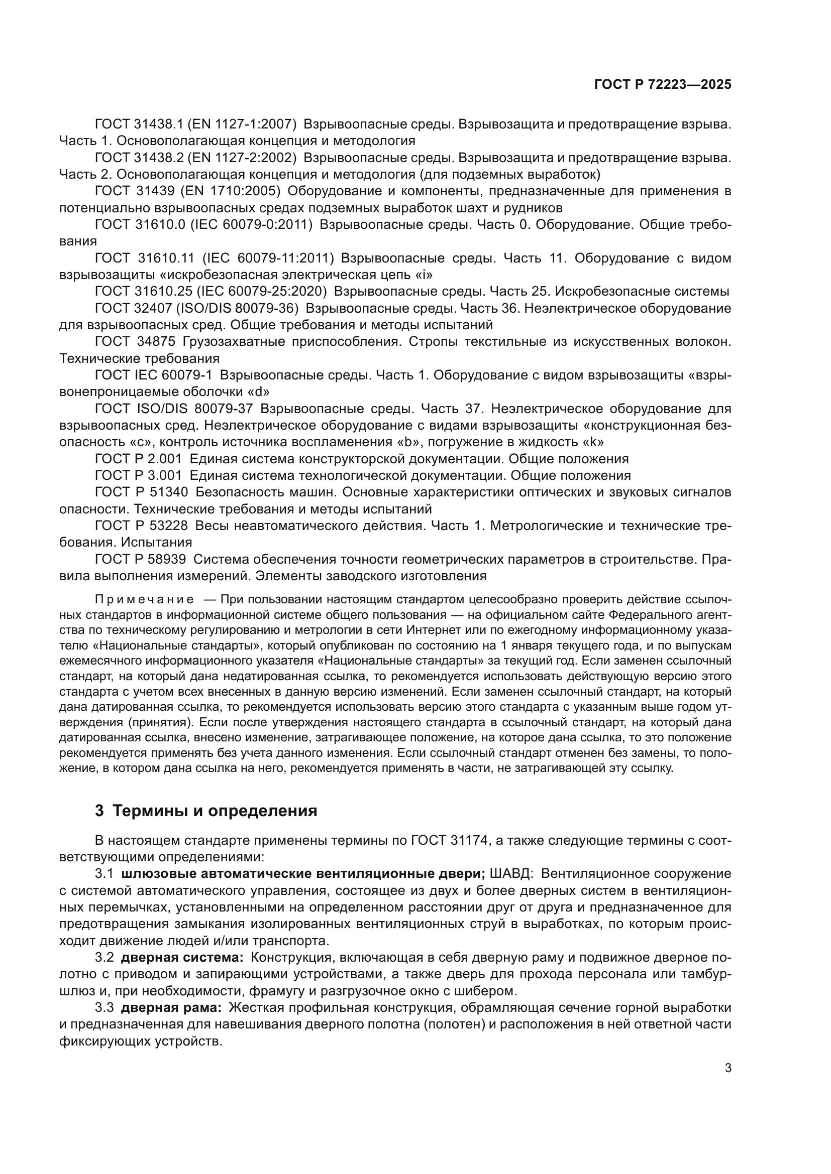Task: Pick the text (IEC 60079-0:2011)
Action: click(x=251, y=224)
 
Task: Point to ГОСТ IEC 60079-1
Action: click(x=154, y=375)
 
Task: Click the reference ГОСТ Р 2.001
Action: click(x=138, y=459)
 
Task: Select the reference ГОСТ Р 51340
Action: click(x=142, y=492)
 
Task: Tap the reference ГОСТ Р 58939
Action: click(x=141, y=559)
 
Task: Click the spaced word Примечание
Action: click(x=144, y=599)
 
